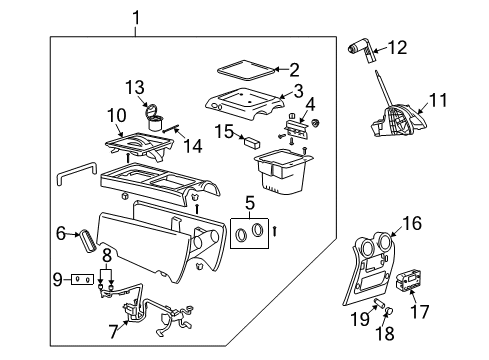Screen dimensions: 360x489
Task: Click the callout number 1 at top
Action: click(x=138, y=16)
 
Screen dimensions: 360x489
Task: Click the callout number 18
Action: click(x=388, y=328)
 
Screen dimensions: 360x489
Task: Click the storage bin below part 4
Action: click(x=283, y=172)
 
